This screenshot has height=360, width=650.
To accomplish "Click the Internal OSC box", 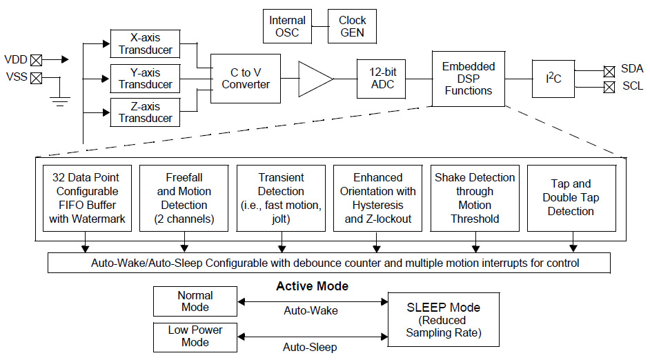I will [x=287, y=26].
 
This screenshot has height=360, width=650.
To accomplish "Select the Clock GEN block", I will [x=352, y=26].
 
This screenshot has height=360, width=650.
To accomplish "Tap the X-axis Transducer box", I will [x=145, y=44].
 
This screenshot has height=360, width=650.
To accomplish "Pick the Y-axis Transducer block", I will [x=145, y=78].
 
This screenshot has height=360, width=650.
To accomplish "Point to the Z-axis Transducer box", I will [x=145, y=112].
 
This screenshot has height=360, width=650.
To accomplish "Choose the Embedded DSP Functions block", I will [x=469, y=78].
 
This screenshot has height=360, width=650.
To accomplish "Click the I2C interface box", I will [x=553, y=78].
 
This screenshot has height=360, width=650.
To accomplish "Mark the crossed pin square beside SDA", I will [x=609, y=70].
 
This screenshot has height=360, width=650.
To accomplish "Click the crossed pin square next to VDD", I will [x=36, y=60].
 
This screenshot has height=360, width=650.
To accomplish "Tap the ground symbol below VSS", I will [x=61, y=102].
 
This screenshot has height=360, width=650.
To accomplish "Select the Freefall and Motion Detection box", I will [x=184, y=198].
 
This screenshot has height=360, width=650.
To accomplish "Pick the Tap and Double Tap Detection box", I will [x=571, y=198].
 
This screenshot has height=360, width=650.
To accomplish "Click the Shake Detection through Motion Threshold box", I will [x=475, y=198].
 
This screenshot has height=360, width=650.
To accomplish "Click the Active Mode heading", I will [x=312, y=286].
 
